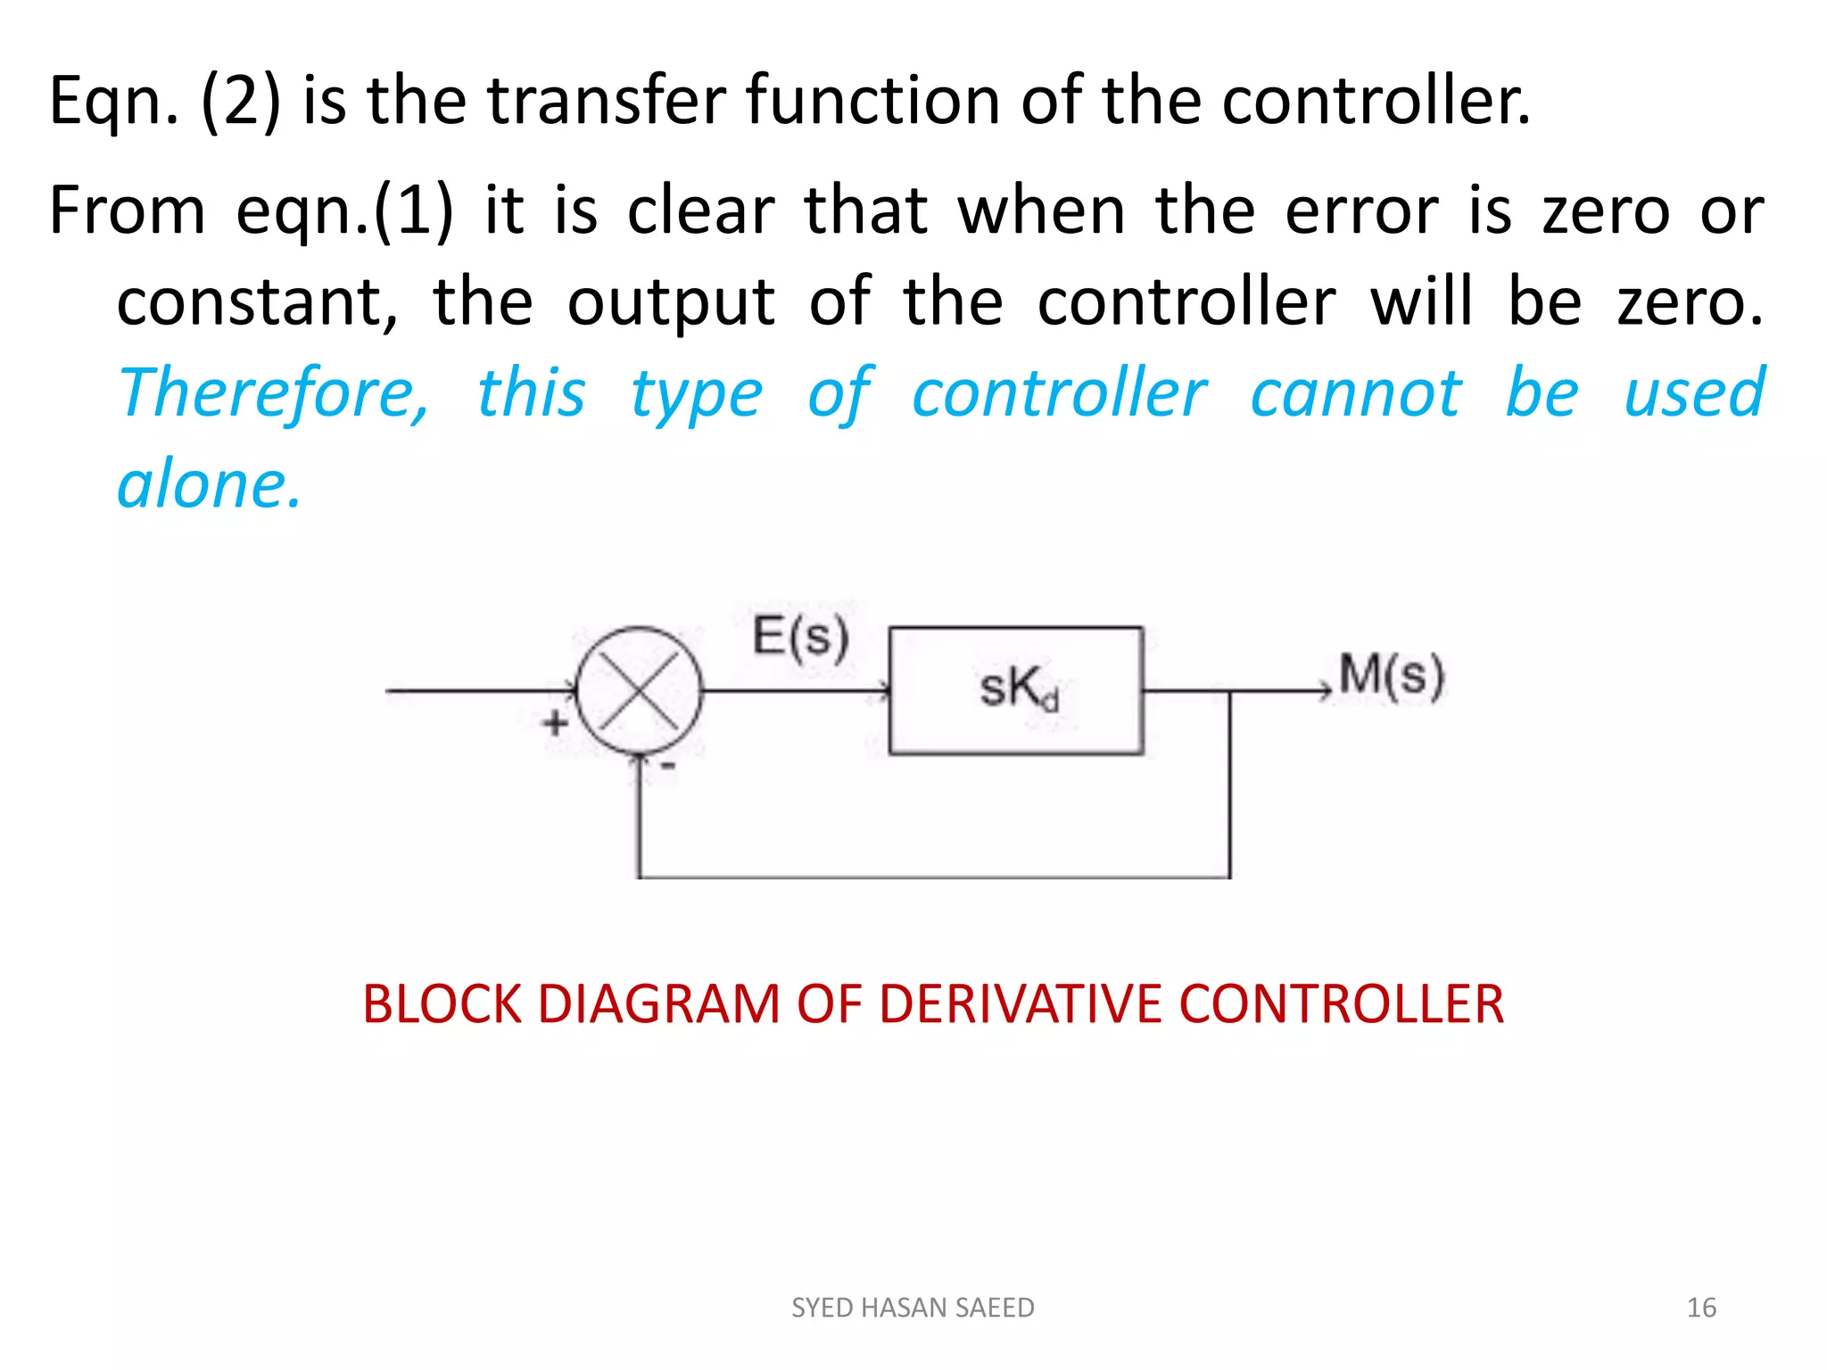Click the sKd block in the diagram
tap(1016, 690)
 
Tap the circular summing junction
tap(639, 690)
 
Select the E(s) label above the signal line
tap(800, 637)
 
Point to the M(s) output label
tap(1391, 675)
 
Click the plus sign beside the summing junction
tap(555, 722)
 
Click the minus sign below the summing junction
tap(668, 766)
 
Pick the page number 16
tap(1701, 1308)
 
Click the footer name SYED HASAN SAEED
tap(913, 1308)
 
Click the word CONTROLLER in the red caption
tap(1341, 1004)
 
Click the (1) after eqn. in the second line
tap(413, 210)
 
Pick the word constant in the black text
tap(257, 301)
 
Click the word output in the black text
tap(671, 301)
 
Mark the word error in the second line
tap(1361, 210)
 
